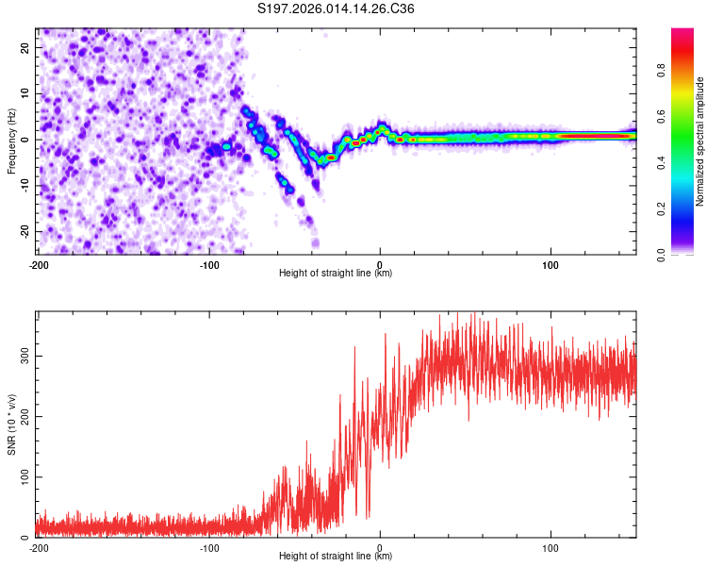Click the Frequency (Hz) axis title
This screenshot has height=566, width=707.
tap(11, 140)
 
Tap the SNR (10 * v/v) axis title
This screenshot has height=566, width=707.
tap(11, 424)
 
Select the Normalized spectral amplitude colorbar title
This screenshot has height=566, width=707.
tap(701, 141)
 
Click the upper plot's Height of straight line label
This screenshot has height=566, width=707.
tap(337, 273)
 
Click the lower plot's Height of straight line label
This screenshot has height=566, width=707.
tap(337, 556)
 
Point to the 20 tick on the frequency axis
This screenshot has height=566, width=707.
tap(25, 47)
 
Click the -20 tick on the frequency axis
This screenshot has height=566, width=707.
tap(23, 231)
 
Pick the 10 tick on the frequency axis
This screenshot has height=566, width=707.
tap(25, 93)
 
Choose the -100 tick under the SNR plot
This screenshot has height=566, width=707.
tap(208, 548)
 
